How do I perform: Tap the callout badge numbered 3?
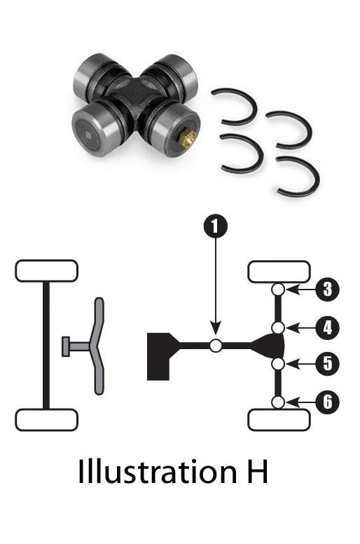[x=328, y=289]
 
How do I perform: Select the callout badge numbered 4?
[x=328, y=327]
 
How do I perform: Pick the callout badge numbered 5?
[x=328, y=363]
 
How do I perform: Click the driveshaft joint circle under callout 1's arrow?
[x=216, y=345]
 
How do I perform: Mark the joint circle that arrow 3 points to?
[x=278, y=289]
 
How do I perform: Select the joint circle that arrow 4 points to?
[x=278, y=327]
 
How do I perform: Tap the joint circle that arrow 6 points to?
[x=278, y=402]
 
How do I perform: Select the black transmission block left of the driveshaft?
[x=160, y=354]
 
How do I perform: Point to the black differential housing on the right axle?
[x=270, y=345]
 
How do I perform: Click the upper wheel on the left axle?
[x=46, y=271]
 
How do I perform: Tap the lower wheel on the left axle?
[x=46, y=420]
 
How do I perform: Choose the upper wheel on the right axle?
[x=279, y=271]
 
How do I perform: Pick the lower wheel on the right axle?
[x=279, y=420]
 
